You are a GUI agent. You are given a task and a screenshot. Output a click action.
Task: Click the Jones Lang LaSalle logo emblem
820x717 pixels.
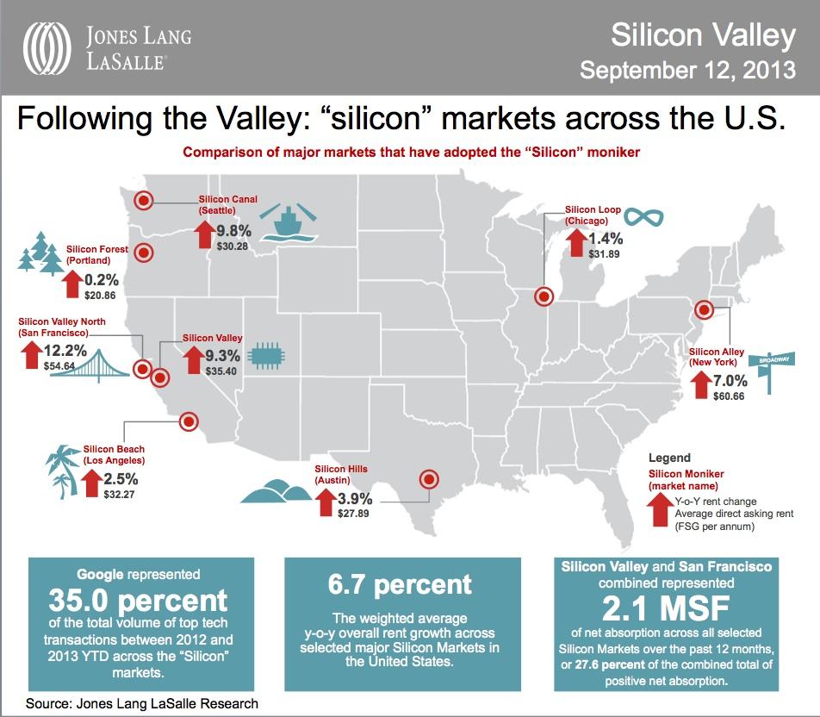coord(50,47)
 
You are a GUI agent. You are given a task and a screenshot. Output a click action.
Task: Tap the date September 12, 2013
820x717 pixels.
coord(686,70)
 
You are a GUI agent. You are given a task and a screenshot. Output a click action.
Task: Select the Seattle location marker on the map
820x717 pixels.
coord(144,201)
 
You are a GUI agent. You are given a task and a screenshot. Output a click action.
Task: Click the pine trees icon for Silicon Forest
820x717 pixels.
coord(41,252)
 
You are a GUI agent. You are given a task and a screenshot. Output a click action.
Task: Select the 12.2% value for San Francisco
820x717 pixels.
coord(65,351)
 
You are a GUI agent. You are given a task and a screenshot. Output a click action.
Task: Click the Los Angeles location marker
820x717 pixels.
coord(187,422)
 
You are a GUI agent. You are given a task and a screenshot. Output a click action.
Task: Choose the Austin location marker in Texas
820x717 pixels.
coord(427,479)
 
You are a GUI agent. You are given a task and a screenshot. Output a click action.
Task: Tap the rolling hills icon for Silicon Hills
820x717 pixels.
coord(275,491)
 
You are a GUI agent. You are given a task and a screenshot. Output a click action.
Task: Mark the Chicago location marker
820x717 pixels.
coord(544,297)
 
